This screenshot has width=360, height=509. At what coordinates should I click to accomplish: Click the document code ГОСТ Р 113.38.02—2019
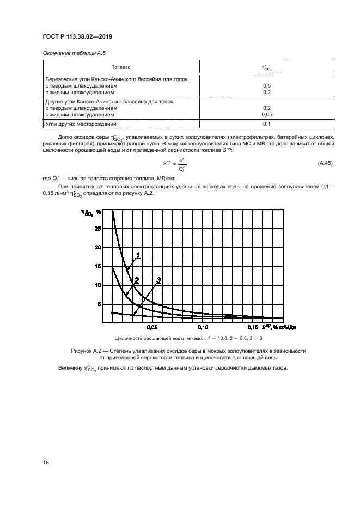(x=76, y=38)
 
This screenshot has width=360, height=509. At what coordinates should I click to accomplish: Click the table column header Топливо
(x=121, y=67)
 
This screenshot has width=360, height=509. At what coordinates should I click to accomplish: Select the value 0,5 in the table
(x=267, y=86)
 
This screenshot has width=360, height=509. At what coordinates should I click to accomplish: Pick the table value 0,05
(x=267, y=115)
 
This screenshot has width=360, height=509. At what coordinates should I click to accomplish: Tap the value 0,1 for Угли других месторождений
(x=267, y=124)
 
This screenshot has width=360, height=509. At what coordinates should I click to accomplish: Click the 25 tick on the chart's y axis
(x=97, y=229)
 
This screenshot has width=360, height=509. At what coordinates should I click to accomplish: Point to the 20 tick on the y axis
(x=97, y=248)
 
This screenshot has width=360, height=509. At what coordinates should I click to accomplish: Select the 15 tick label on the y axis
(x=97, y=266)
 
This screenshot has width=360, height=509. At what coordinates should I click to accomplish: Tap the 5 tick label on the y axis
(x=99, y=304)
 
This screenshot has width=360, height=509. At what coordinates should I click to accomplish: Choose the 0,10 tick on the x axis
(x=202, y=328)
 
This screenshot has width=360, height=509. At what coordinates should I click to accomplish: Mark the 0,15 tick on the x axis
(x=253, y=328)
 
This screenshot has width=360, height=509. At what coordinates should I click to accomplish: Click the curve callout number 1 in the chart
(x=138, y=255)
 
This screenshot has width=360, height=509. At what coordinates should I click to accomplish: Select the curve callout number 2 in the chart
(x=137, y=280)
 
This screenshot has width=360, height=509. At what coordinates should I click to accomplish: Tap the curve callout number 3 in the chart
(x=158, y=280)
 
